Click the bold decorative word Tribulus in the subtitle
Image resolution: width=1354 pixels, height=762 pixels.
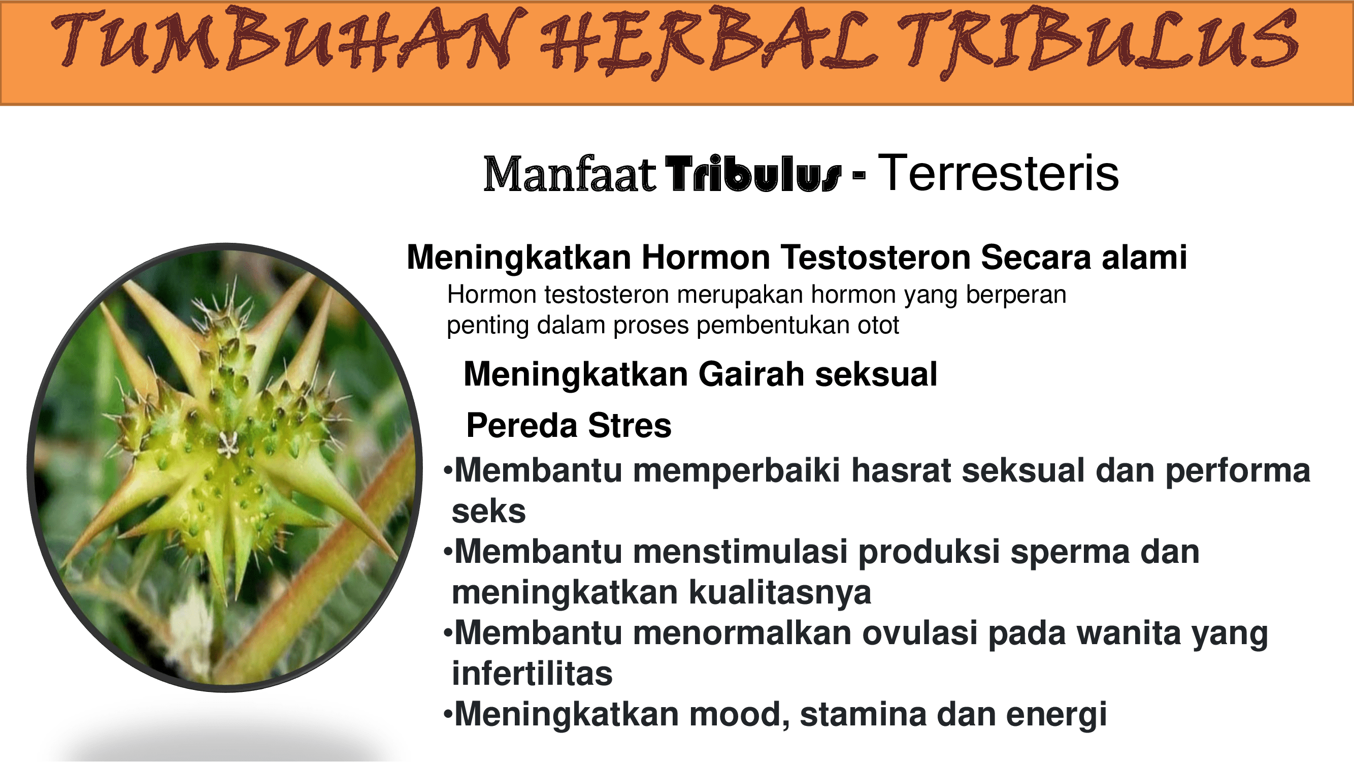click(x=753, y=174)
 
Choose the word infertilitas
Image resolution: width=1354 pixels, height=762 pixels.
click(x=532, y=674)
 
